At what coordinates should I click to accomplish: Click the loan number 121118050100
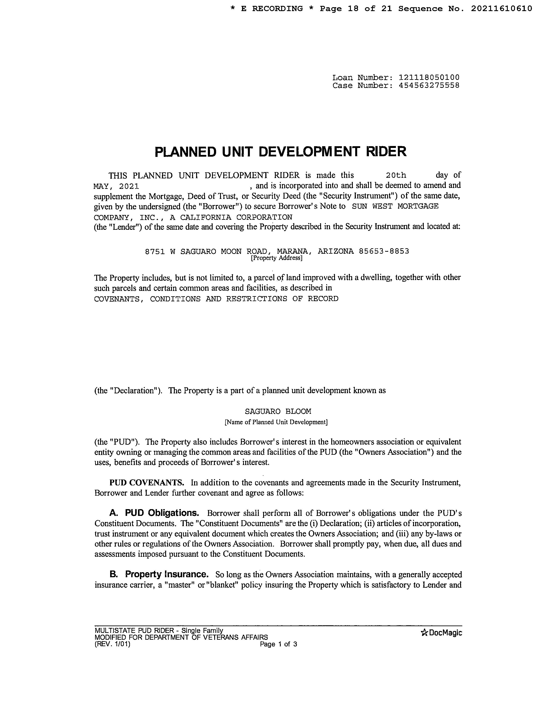coord(429,78)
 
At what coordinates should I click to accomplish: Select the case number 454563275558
coord(429,86)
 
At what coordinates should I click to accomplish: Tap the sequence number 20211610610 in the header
coord(501,8)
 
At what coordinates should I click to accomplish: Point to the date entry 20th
coord(396,175)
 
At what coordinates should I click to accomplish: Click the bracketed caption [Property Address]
coord(276,258)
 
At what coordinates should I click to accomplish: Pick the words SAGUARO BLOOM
coord(278,411)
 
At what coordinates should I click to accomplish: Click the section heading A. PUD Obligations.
coord(154,513)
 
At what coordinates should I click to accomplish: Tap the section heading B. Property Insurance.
coord(159,574)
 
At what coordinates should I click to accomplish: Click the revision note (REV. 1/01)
coord(113,644)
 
